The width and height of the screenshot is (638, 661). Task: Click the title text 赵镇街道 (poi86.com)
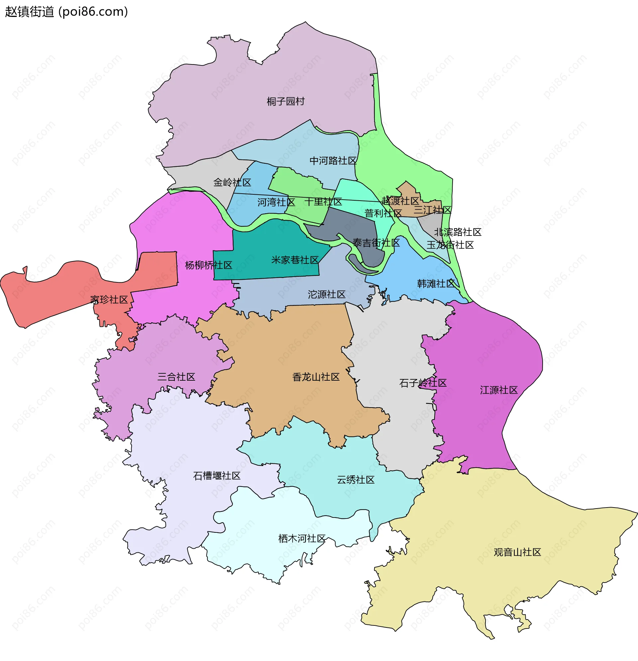(66, 12)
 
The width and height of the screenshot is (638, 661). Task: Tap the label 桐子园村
(285, 101)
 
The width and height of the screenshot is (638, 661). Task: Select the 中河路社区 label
(333, 160)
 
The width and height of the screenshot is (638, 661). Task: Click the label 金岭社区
(232, 182)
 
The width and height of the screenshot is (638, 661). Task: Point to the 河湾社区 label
(276, 202)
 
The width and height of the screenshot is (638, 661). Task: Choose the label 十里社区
(323, 202)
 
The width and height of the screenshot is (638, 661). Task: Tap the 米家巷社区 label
(295, 260)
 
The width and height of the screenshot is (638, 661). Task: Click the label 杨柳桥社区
(208, 265)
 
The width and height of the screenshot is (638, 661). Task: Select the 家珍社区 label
(109, 300)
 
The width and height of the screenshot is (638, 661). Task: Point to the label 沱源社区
(326, 294)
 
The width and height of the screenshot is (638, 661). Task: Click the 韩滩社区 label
(436, 283)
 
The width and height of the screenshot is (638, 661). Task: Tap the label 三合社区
(176, 377)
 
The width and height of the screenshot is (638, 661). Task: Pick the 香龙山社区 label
(316, 377)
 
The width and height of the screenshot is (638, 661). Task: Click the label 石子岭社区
(423, 383)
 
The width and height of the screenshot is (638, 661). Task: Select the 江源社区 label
(499, 390)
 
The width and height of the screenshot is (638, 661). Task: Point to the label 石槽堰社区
(217, 476)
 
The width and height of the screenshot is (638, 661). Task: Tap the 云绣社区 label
(356, 480)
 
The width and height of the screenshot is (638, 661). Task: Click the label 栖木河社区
(302, 538)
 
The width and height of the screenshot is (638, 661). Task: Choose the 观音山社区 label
(517, 552)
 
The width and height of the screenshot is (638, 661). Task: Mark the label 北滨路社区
(458, 232)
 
